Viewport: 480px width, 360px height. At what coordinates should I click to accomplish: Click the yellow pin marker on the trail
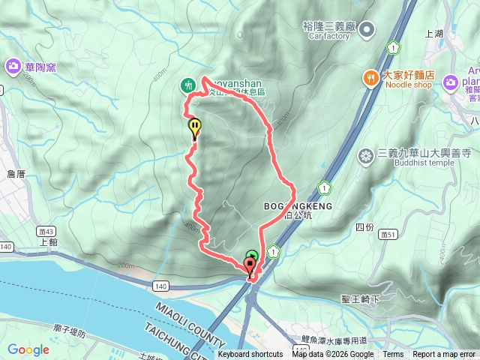coord(195,128)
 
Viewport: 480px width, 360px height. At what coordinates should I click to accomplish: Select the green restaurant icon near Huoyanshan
coord(188,86)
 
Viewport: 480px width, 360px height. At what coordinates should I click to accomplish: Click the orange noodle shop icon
coord(370,77)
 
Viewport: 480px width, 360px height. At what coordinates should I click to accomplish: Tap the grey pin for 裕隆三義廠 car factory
coord(367,30)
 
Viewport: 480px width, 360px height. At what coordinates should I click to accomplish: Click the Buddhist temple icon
coord(366,156)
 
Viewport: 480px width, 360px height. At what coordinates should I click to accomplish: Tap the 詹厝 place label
coord(16,174)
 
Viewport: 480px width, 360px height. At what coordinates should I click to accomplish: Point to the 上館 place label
coord(47,241)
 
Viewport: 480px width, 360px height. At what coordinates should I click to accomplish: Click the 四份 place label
coord(364,226)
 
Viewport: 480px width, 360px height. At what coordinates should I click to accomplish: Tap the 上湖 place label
coord(434,34)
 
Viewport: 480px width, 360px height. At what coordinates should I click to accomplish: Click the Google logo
coord(28,349)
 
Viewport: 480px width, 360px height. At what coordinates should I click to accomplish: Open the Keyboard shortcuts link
coord(250,355)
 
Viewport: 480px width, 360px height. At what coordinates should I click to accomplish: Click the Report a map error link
coord(445,355)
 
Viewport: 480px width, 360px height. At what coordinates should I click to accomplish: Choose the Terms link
coord(393,355)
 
